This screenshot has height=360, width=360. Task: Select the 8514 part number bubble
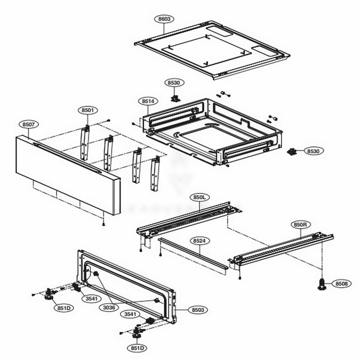coord(148,102)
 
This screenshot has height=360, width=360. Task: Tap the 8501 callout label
coord(87,110)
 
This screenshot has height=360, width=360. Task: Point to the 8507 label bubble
coord(29,125)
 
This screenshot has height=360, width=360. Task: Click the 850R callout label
coord(300,225)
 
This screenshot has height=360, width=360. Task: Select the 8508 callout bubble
coord(341,284)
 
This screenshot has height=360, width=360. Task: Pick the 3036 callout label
coord(109,307)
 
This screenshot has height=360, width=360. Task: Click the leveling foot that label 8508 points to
coord(321,284)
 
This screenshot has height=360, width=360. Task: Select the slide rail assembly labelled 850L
coord(187,220)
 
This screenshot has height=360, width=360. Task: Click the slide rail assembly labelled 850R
coord(284,248)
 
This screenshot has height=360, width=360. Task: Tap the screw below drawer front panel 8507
coord(104,224)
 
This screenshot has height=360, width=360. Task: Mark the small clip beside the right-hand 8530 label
coord(292,152)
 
